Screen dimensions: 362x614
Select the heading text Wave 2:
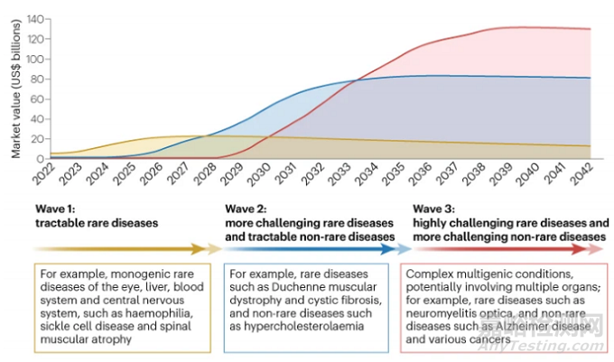pyautogui.click(x=247, y=208)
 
